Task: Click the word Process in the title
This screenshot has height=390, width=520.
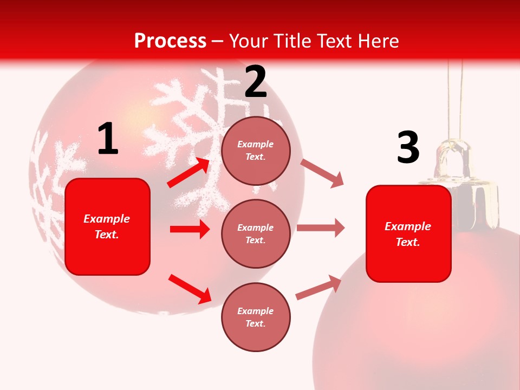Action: (x=170, y=41)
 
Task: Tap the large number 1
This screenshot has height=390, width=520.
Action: (x=108, y=139)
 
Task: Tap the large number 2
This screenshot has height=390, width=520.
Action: (x=256, y=82)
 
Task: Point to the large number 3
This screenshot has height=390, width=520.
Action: (x=408, y=148)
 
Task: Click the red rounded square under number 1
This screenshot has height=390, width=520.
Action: (x=107, y=226)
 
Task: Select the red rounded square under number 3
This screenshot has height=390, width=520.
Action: (x=408, y=233)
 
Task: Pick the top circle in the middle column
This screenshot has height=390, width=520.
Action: (x=256, y=151)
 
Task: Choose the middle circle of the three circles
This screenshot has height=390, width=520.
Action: (x=256, y=233)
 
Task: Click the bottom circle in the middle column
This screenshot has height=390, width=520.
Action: (x=256, y=317)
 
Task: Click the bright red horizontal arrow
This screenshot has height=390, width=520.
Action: (x=190, y=229)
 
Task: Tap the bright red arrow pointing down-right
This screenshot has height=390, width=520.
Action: (x=190, y=289)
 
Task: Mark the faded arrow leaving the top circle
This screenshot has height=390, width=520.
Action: (x=322, y=173)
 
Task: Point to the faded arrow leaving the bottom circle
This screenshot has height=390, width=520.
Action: (x=318, y=288)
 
